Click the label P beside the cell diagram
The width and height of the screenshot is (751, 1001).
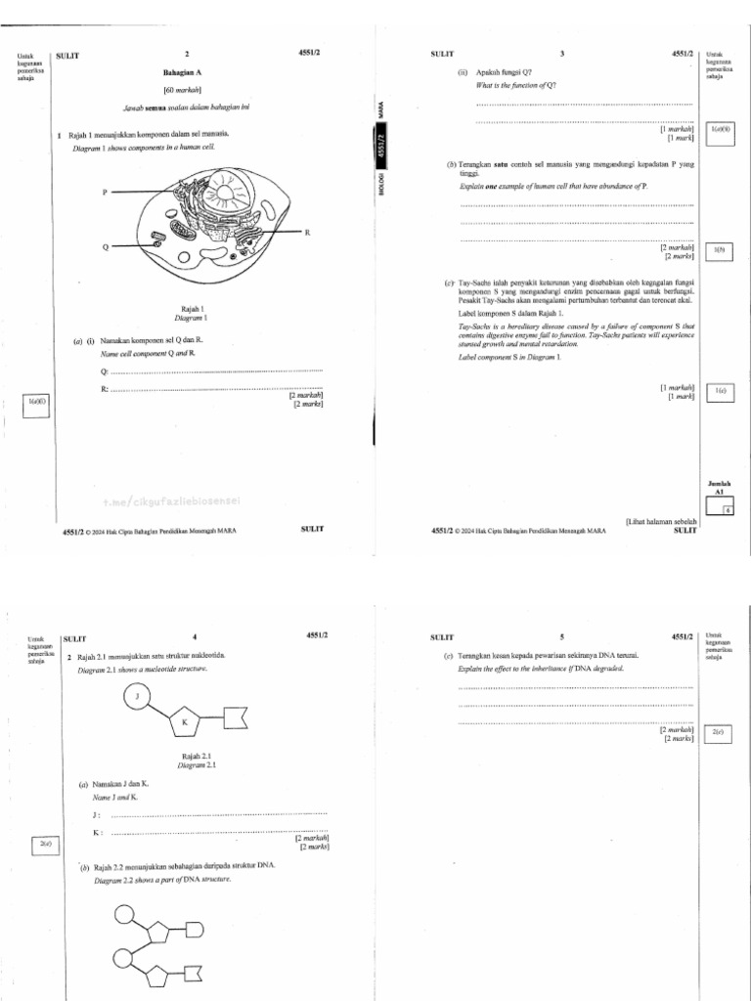(104, 193)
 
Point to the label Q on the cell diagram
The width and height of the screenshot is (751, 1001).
(105, 247)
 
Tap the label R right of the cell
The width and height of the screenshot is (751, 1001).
(307, 233)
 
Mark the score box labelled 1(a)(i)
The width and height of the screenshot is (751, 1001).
(36, 402)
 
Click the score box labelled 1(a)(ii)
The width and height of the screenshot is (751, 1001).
(721, 129)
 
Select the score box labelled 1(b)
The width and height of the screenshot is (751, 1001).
(720, 251)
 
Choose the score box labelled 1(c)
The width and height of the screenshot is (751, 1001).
(720, 391)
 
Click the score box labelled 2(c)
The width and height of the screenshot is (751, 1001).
(718, 732)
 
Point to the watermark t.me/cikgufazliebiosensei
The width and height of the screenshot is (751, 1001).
(170, 501)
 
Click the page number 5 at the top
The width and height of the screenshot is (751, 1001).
(561, 636)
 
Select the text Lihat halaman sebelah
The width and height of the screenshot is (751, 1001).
(660, 522)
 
